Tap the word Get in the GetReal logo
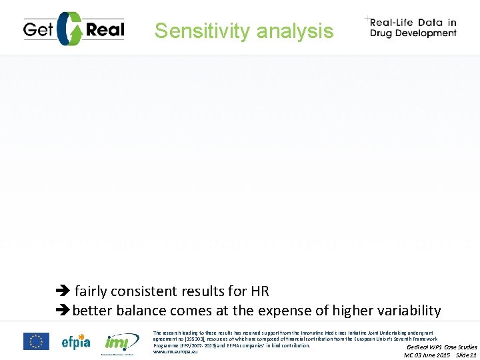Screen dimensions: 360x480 click(38, 29)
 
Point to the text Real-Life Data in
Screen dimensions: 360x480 click(413, 22)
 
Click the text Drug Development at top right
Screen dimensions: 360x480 click(413, 33)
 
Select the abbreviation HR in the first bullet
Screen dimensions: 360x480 click(259, 291)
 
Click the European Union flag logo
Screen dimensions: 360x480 click(36, 341)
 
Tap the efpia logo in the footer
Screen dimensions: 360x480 click(76, 341)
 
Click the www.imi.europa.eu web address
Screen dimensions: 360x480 click(175, 351)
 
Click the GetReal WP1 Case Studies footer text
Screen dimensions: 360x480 click(441, 347)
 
